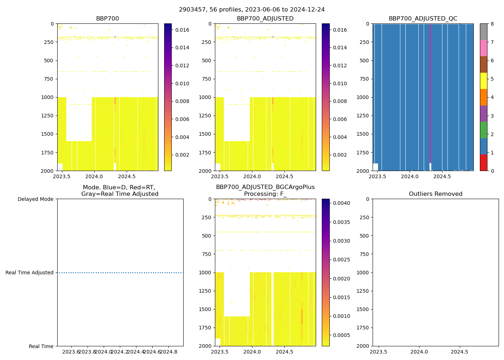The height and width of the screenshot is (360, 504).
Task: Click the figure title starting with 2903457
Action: pos(252,10)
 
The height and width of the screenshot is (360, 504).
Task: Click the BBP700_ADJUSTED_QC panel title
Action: pos(423,19)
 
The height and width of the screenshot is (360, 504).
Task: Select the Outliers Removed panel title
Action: pos(435,194)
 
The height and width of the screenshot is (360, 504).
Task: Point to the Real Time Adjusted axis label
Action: pos(29,273)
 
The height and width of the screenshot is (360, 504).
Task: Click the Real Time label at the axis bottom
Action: pos(41,346)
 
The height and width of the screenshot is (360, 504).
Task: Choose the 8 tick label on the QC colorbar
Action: pos(491,24)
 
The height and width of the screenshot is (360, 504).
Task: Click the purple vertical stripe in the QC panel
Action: pos(430,94)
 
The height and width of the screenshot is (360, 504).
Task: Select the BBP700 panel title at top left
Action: pos(107,19)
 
